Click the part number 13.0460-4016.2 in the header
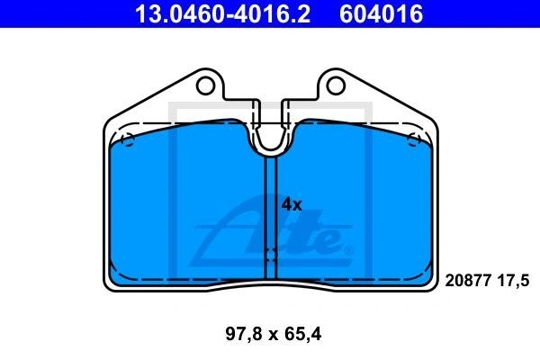223,13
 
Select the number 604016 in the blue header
382,13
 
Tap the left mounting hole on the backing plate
205,85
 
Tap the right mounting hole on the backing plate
336,85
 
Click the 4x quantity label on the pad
292,205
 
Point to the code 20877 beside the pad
468,281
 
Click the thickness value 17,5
513,281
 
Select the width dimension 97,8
244,334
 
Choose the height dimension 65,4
303,334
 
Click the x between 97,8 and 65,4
274,335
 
